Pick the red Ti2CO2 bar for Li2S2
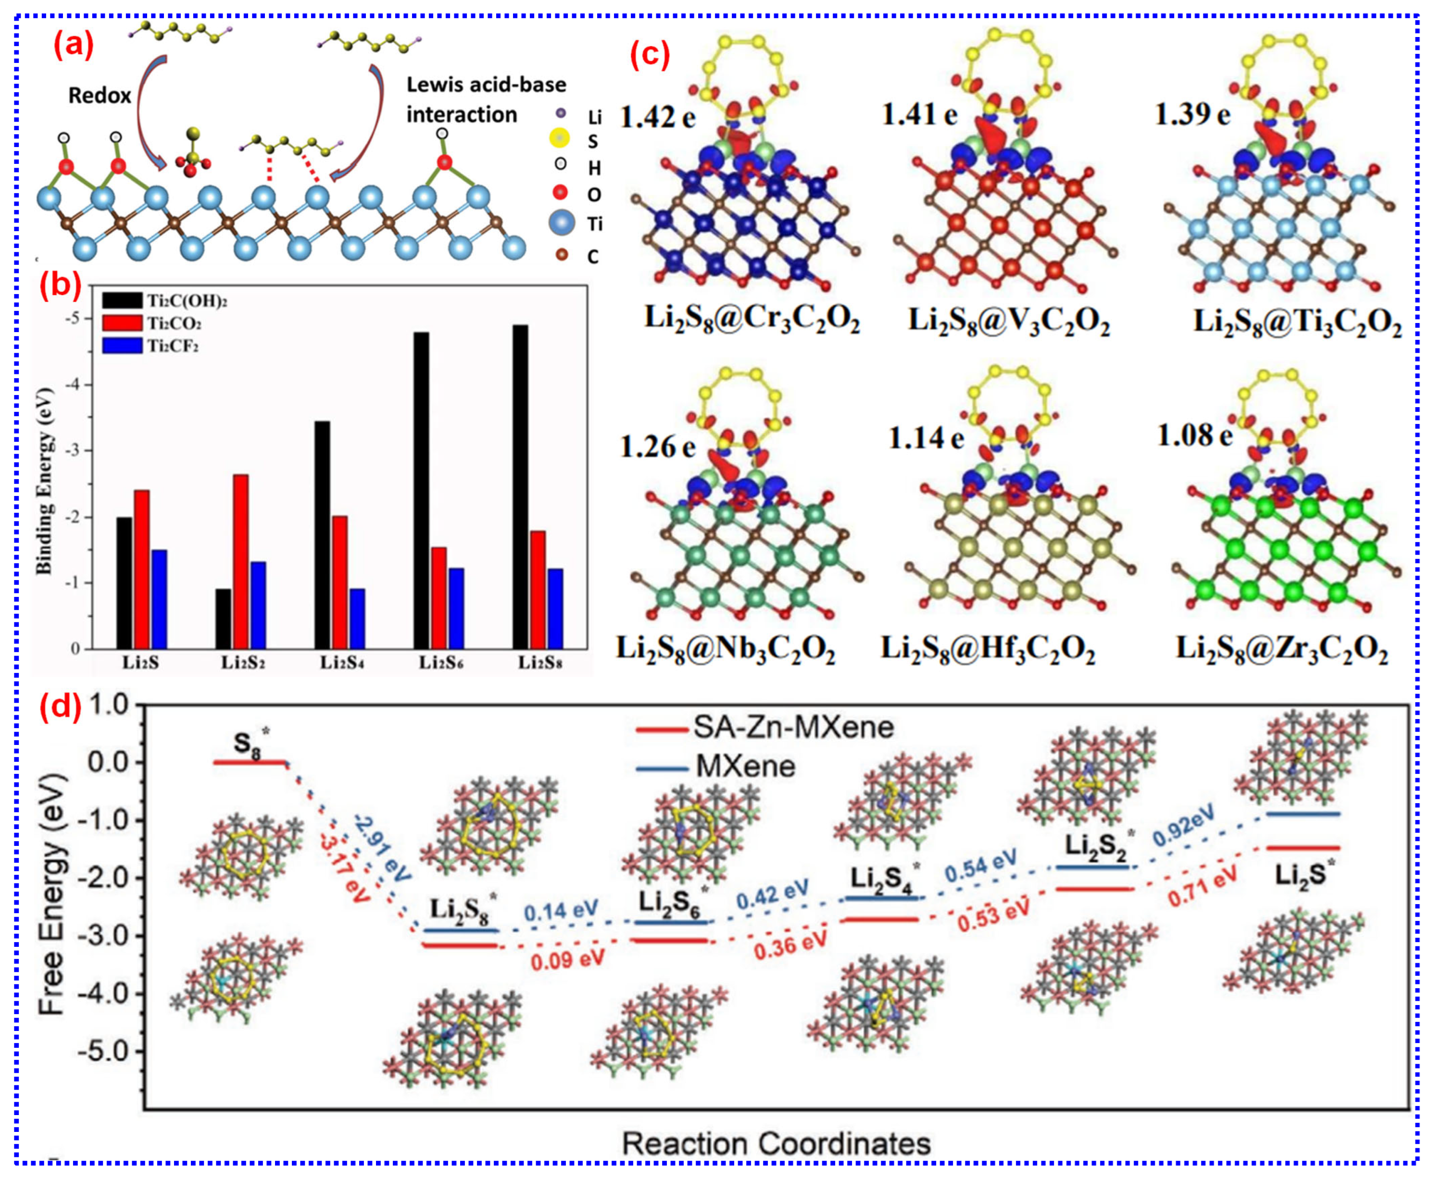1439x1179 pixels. click(x=240, y=561)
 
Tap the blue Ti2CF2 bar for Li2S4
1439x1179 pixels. click(x=357, y=618)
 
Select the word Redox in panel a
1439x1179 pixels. click(x=99, y=96)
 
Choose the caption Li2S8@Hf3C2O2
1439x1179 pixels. click(x=988, y=648)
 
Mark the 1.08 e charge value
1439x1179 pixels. click(x=1194, y=434)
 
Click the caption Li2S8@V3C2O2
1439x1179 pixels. click(x=1009, y=320)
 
